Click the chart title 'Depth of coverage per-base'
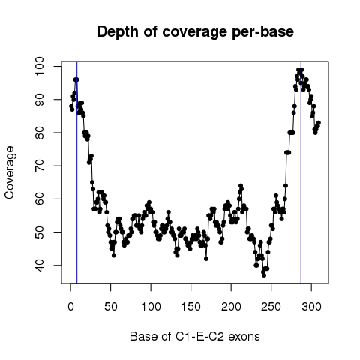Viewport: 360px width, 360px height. [x=195, y=32]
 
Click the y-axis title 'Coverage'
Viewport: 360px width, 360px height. [x=9, y=172]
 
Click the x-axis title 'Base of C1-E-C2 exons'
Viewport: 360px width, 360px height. [x=195, y=336]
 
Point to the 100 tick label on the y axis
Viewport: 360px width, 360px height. [x=40, y=66]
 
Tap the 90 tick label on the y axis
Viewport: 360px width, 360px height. [x=40, y=100]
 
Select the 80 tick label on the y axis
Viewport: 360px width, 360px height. [x=40, y=133]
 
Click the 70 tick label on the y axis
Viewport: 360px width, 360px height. [x=40, y=166]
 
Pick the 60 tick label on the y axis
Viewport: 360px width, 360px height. [x=40, y=199]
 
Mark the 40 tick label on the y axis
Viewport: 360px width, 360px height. [x=40, y=265]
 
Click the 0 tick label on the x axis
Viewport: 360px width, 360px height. [x=70, y=307]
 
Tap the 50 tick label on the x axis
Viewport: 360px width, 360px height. [x=111, y=307]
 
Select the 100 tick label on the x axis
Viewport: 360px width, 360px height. [x=151, y=307]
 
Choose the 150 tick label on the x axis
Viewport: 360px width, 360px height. [x=191, y=307]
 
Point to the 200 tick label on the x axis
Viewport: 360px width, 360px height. [x=231, y=307]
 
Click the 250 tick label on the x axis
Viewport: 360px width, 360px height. [x=271, y=307]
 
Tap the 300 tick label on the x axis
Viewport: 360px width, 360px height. [x=311, y=307]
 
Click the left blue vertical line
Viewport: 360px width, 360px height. [x=77, y=172]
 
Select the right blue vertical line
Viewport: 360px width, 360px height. [x=301, y=172]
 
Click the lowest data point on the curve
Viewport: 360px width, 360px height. [x=264, y=275]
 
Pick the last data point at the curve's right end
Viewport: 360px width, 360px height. [x=319, y=123]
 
